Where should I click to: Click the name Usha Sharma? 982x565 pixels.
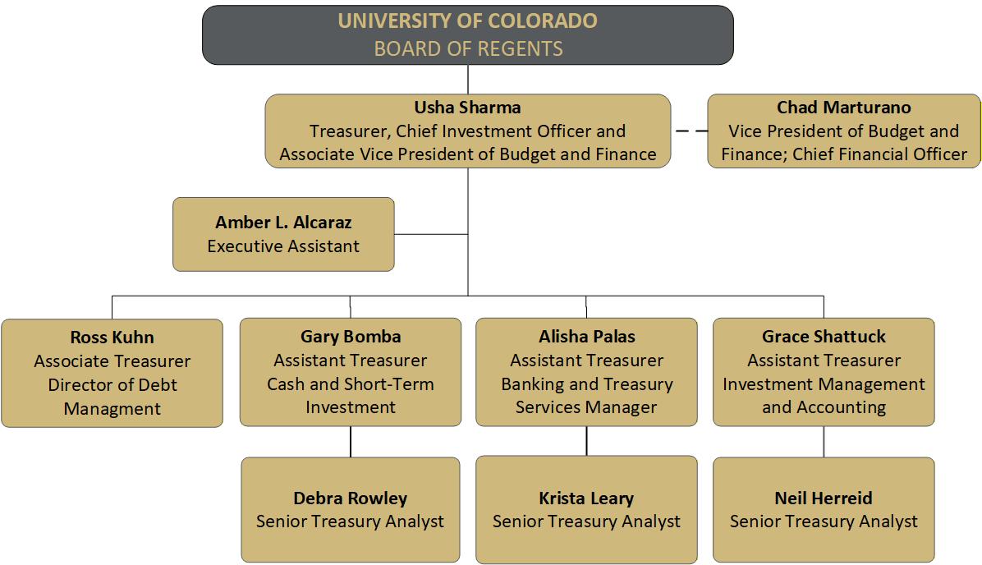coord(467,107)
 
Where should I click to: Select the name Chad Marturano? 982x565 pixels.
coord(843,107)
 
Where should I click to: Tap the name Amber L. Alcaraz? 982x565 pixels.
coord(283,223)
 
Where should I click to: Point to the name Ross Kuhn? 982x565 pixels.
coord(112,337)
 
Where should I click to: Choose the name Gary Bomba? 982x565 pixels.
coord(350,337)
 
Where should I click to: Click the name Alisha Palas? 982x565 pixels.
coord(587,337)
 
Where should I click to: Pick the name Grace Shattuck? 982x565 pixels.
coord(824,337)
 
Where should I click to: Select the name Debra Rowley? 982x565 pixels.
coord(350,498)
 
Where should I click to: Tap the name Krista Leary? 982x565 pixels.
coord(586,498)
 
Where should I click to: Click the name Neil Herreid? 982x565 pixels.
coord(823,498)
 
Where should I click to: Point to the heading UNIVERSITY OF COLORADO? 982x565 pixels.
coord(467,21)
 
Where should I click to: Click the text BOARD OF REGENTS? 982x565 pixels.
coord(469,48)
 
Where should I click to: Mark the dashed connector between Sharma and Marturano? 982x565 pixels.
coord(691,131)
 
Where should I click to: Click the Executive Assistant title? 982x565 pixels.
coord(283,246)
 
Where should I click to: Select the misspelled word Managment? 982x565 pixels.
coord(112,409)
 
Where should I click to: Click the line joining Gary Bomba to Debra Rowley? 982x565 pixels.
coord(350,442)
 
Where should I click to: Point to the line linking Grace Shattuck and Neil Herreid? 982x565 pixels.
coord(824,442)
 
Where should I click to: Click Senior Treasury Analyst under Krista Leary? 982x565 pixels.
coord(586,521)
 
